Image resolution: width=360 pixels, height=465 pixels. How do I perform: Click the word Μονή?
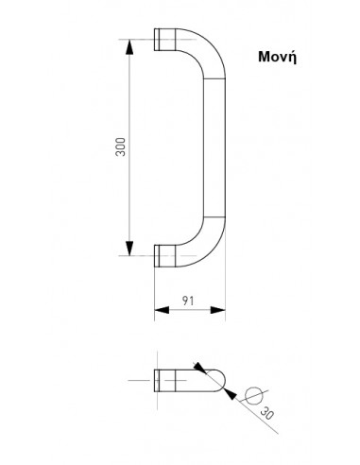[277, 57]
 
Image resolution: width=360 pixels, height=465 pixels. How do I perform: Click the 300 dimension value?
[121, 146]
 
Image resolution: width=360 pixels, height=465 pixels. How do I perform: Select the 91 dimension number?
[188, 301]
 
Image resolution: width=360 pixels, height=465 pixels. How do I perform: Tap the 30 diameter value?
[266, 413]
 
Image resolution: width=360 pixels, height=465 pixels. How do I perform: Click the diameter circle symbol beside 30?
[253, 395]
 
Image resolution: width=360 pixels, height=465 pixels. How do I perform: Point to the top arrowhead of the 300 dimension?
[129, 46]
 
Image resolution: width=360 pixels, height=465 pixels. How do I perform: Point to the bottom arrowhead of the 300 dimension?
[129, 249]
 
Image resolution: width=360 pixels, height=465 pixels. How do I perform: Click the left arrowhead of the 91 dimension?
[162, 310]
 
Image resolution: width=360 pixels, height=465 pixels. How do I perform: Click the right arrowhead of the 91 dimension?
[218, 310]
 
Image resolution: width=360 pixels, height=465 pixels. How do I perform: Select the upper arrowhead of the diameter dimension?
[200, 368]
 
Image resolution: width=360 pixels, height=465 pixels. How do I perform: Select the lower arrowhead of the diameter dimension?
[230, 394]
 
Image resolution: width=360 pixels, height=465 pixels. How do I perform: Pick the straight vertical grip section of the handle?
[214, 147]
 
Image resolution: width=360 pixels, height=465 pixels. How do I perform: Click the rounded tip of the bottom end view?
[221, 381]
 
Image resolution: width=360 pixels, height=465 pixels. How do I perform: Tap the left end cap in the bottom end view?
[157, 381]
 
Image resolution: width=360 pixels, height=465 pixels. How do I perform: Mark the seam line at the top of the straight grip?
[214, 77]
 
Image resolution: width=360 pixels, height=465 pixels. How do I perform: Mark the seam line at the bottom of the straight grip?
[214, 217]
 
